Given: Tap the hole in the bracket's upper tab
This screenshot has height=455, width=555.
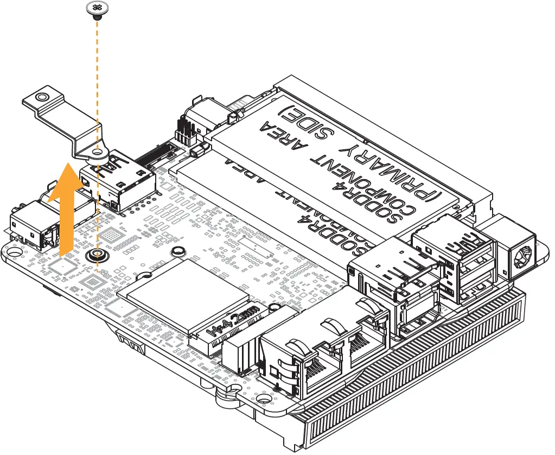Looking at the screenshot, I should (x=40, y=98).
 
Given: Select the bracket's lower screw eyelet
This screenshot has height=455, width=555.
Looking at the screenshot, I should (x=97, y=154).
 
